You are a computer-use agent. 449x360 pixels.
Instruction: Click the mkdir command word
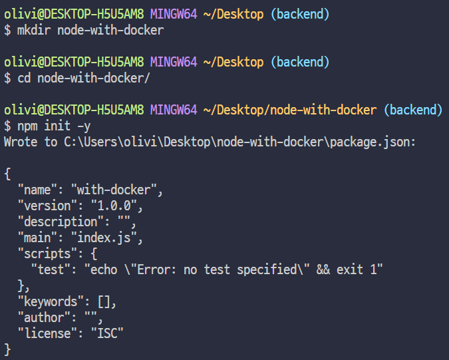(34, 30)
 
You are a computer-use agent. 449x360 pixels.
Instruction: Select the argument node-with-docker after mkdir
(110, 30)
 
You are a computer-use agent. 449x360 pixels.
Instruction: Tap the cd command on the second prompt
(24, 78)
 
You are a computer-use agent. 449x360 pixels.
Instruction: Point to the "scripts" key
(44, 254)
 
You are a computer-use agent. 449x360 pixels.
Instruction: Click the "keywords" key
(47, 301)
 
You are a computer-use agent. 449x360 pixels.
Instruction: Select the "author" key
(41, 317)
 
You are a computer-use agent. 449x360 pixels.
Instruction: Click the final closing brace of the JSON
(7, 349)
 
